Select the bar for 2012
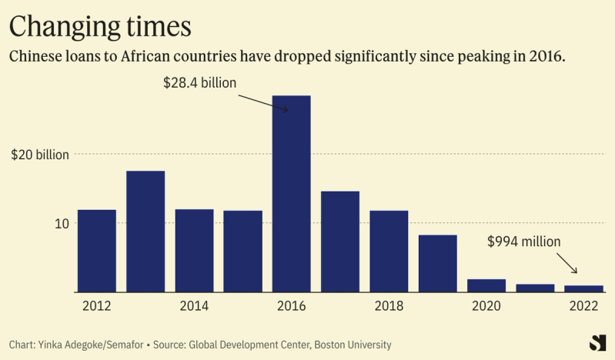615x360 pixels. (97, 251)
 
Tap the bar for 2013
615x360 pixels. (145, 232)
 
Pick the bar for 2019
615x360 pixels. (438, 264)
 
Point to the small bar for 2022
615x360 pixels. (583, 288)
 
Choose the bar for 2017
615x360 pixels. (340, 242)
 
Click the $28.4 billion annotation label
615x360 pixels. (199, 82)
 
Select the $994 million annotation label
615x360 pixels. (524, 241)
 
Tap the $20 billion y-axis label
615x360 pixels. (40, 155)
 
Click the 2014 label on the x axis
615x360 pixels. (195, 305)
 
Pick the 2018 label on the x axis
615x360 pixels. (389, 305)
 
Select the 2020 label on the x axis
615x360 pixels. (486, 305)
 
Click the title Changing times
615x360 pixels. (99, 27)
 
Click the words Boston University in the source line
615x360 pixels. (351, 345)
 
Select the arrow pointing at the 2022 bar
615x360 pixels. (567, 264)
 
